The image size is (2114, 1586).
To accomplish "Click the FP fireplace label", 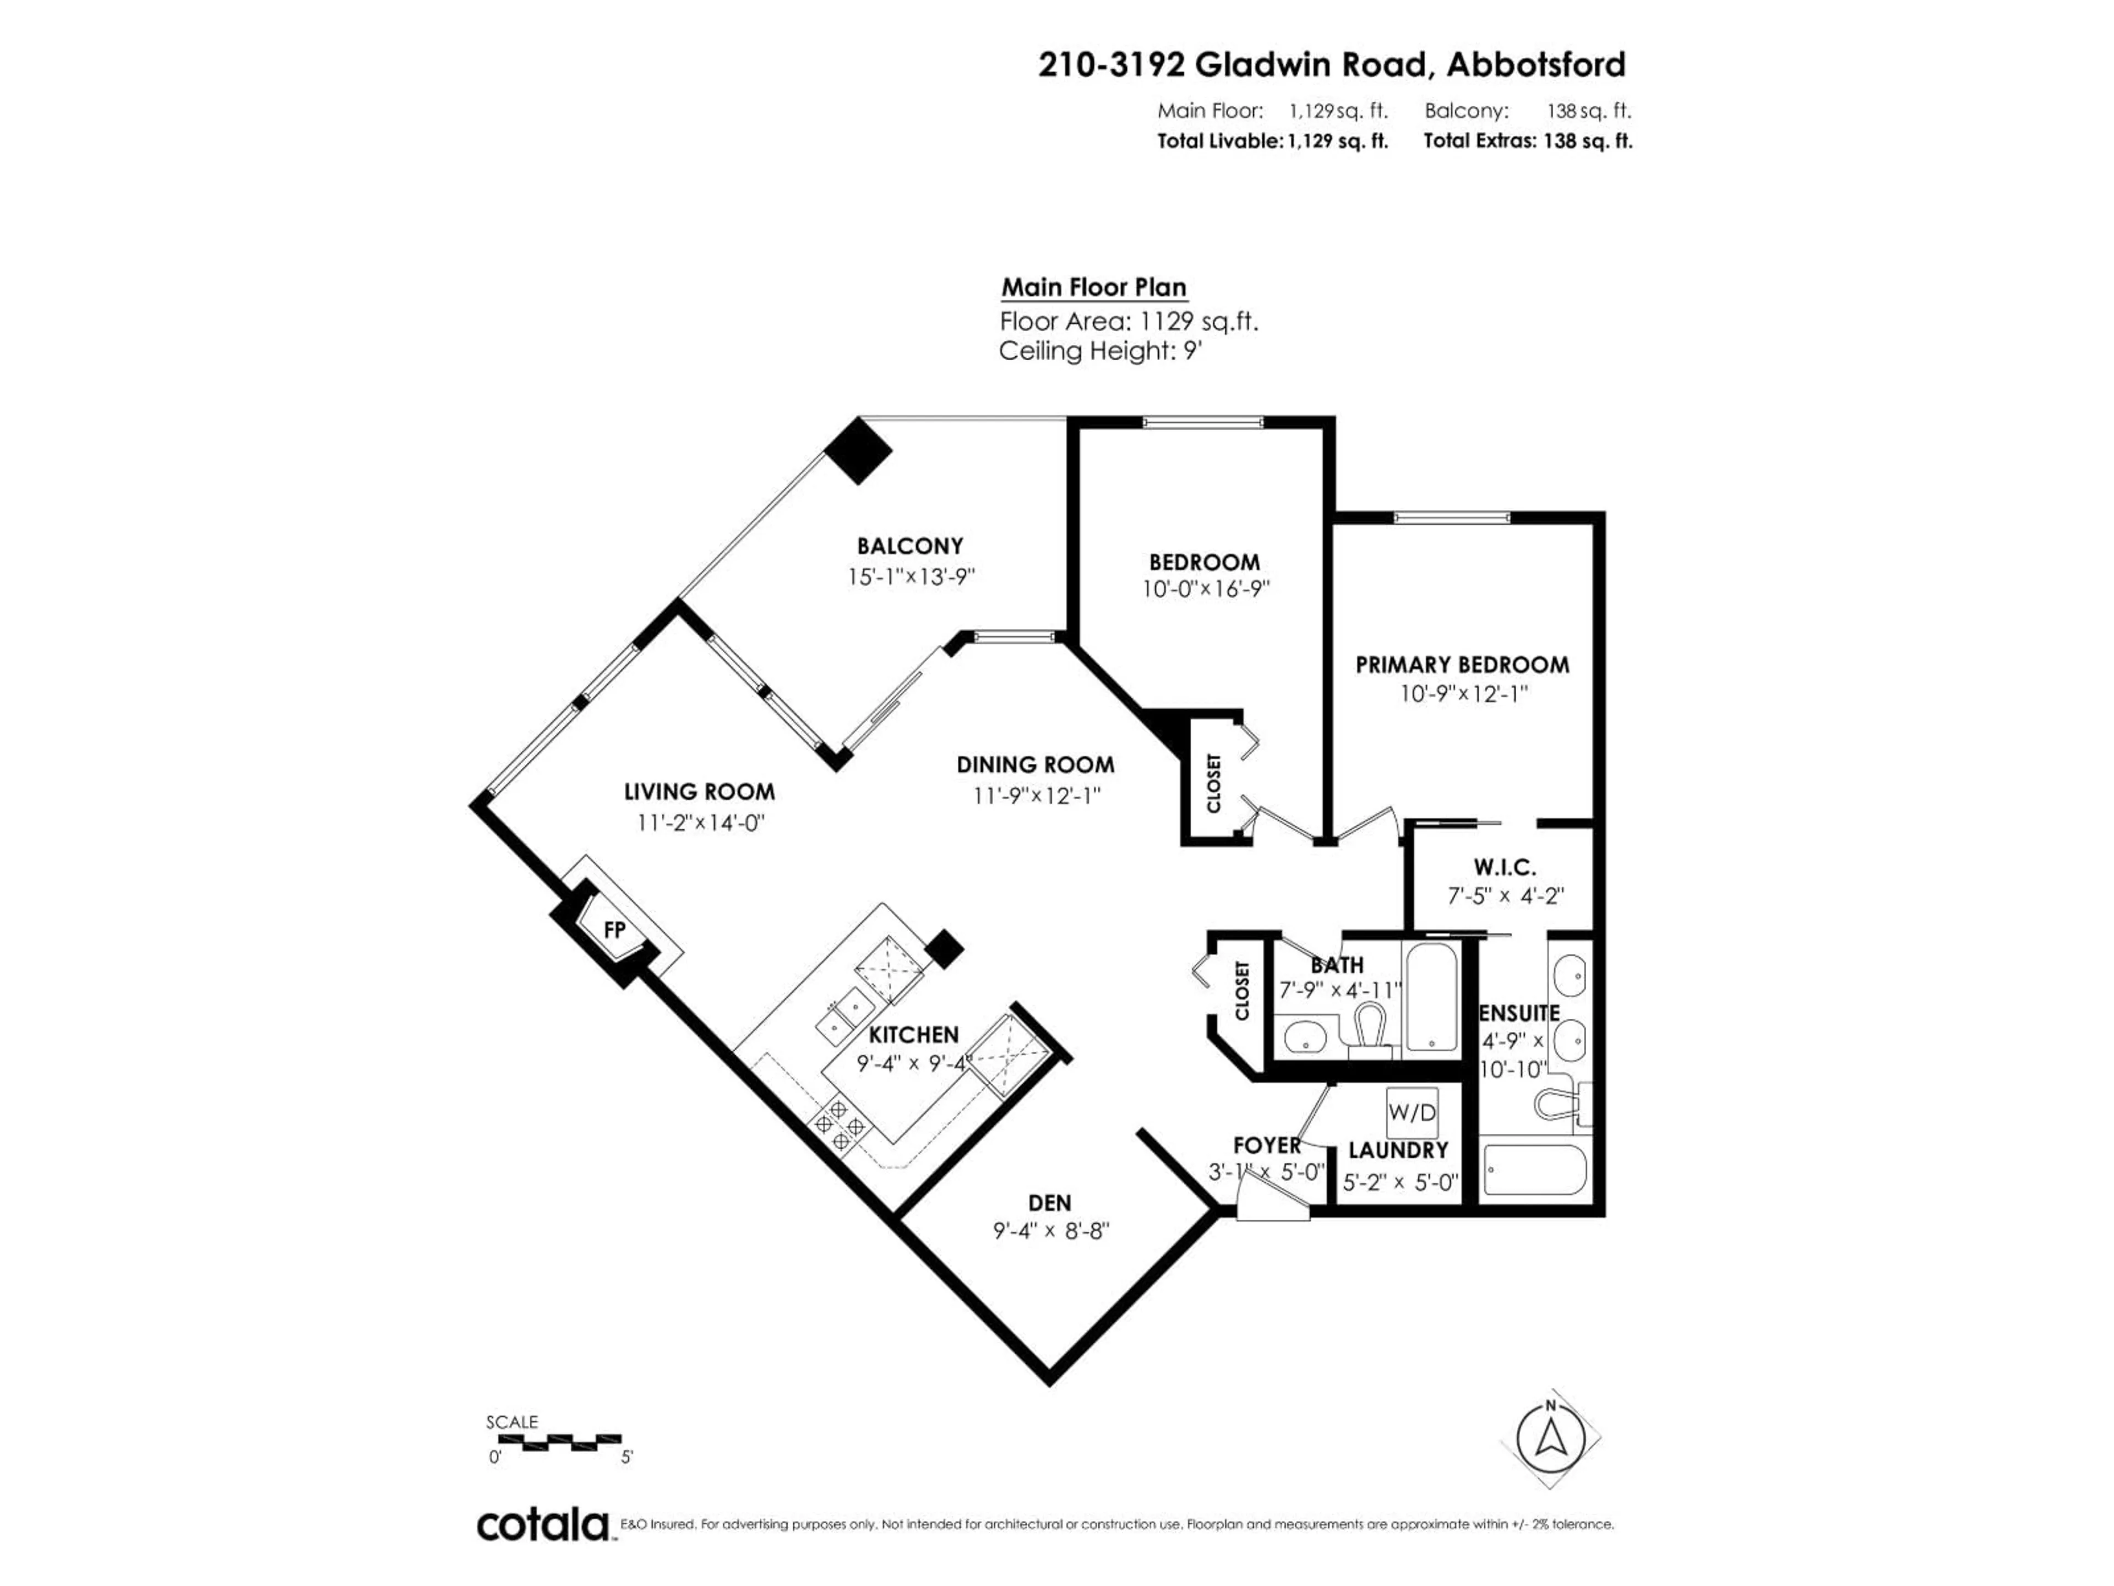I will [x=614, y=929].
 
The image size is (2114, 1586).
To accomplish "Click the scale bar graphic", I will [x=554, y=1439].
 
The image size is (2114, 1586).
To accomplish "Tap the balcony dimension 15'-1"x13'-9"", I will [x=911, y=578].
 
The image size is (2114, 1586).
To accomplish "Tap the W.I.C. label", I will [x=1504, y=867].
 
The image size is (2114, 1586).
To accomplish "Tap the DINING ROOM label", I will [x=1035, y=765].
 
